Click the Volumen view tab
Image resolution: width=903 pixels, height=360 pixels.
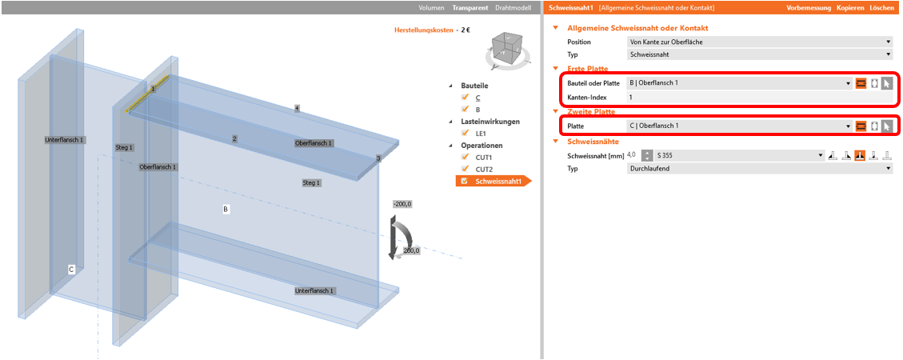431,8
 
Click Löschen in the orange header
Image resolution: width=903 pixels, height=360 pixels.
881,8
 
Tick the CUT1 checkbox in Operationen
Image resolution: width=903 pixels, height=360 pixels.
465,157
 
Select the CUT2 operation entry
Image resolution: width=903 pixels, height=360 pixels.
484,170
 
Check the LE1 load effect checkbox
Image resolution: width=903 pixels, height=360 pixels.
465,133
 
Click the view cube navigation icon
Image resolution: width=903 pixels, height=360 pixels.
506,50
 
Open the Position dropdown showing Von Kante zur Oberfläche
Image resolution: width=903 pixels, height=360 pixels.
760,42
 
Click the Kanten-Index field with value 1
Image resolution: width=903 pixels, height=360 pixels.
760,98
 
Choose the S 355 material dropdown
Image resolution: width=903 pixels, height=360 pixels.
740,155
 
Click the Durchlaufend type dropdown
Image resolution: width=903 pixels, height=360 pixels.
760,169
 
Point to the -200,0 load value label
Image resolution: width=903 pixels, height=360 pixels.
402,204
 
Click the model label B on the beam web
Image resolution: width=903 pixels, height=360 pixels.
226,210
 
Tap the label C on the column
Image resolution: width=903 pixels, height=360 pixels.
71,269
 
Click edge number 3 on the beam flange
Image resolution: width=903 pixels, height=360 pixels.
378,158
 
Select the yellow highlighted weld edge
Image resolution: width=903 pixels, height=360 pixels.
147,93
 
